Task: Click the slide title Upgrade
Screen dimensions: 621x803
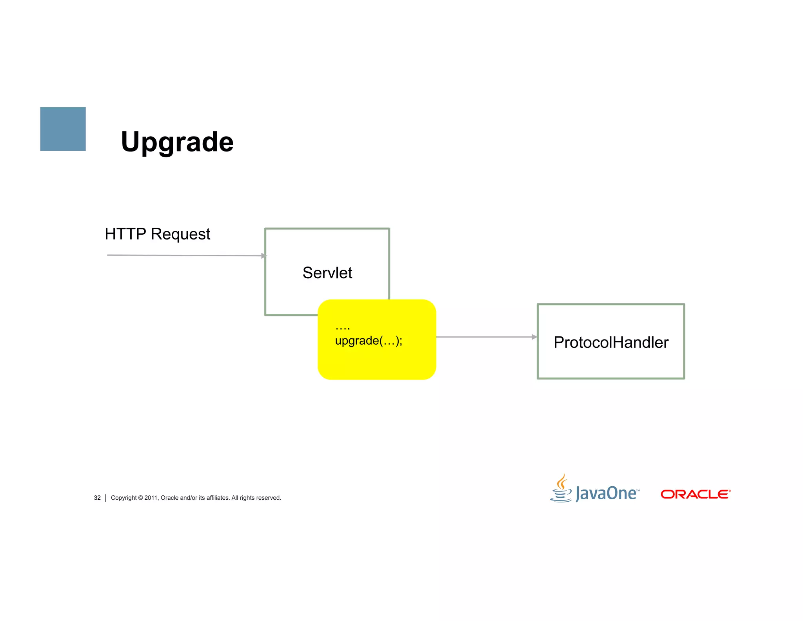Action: click(177, 142)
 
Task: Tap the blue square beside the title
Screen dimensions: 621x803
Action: click(63, 129)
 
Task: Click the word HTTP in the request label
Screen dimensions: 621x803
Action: click(125, 234)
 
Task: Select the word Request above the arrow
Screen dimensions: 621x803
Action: click(180, 234)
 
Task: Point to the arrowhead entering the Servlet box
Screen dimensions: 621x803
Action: click(264, 256)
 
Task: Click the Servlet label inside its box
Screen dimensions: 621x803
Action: click(327, 273)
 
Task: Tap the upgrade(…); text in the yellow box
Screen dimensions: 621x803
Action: click(369, 340)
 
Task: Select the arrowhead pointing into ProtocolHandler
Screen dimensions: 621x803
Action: click(534, 337)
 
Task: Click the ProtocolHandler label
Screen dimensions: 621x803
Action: click(611, 342)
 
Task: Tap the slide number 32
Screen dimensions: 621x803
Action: click(97, 498)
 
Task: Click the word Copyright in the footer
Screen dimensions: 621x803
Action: click(124, 498)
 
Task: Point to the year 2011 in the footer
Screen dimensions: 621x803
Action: click(151, 498)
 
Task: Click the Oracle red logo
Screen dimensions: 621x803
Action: click(696, 494)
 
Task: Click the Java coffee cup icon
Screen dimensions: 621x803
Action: click(561, 489)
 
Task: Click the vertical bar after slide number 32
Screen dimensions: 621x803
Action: click(106, 498)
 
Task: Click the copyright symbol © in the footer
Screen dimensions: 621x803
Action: click(140, 498)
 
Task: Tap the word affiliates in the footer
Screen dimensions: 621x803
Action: click(218, 498)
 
